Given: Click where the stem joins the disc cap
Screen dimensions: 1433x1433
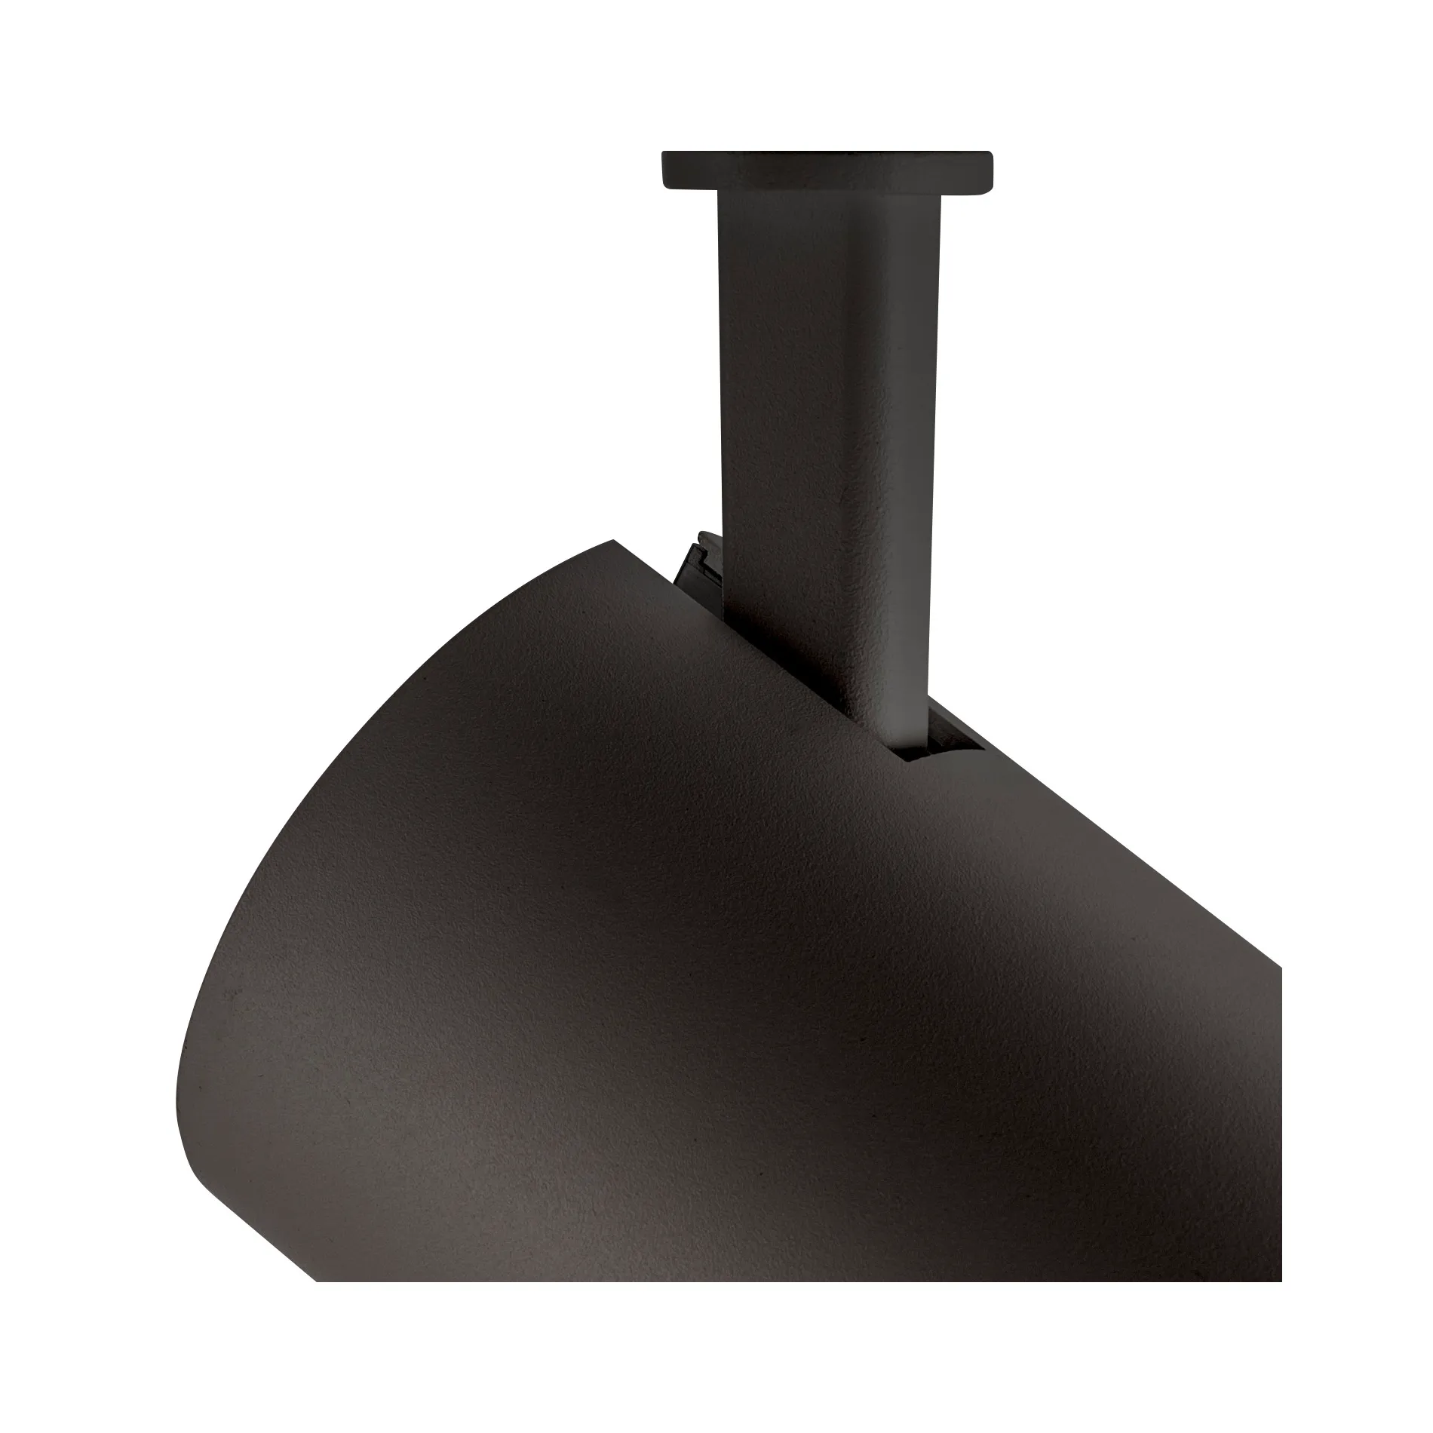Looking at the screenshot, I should click(x=827, y=195).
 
